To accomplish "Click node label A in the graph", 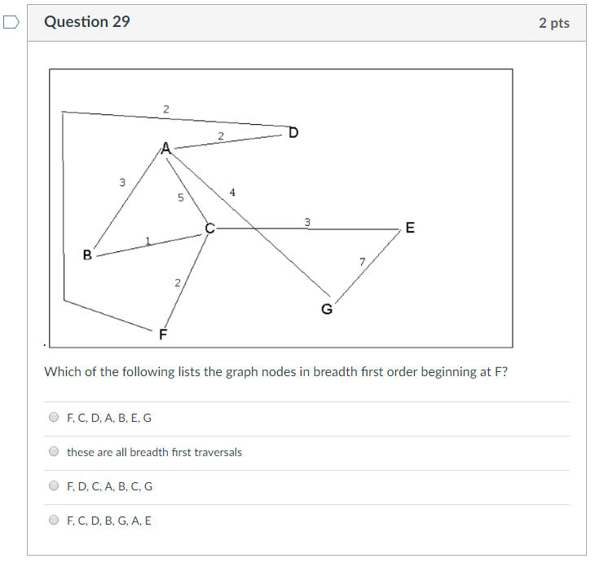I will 166,149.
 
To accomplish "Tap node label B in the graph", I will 87,255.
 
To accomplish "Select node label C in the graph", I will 209,229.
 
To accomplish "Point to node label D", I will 293,132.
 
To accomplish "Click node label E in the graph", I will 409,228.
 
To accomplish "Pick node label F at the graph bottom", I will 163,335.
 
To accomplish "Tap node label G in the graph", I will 327,308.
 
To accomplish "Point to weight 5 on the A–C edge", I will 181,197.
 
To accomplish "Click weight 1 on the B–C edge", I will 148,240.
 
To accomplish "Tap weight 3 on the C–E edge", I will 307,222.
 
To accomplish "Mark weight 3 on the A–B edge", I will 122,182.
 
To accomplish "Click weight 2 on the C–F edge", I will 177,282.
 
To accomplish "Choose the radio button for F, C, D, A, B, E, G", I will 54,418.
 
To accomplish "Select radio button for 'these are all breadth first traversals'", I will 54,452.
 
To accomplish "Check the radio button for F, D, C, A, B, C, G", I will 54,486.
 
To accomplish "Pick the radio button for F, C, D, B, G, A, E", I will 54,521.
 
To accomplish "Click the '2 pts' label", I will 553,23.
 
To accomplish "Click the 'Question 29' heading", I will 86,22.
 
